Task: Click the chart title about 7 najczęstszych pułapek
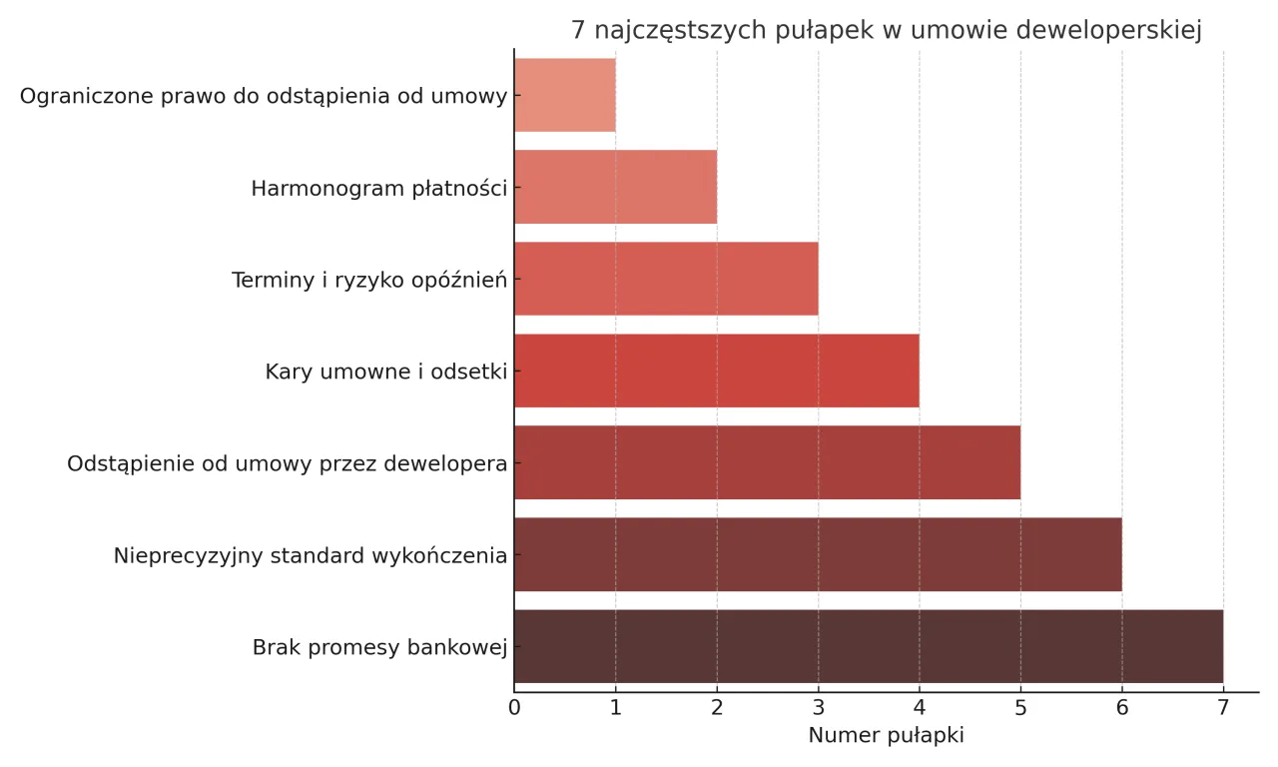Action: (886, 31)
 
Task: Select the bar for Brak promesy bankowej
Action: (869, 646)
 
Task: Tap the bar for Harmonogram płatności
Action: (615, 187)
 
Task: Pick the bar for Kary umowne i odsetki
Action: (716, 371)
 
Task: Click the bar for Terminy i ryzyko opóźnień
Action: (666, 279)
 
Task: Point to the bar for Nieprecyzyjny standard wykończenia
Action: (818, 554)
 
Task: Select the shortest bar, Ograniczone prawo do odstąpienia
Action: (565, 95)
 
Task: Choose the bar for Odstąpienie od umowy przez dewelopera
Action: (767, 462)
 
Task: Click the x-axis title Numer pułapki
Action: (886, 736)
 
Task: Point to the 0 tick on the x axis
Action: (514, 708)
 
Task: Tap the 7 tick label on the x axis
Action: (1223, 708)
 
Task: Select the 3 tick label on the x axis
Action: (818, 708)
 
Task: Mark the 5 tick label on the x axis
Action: (1020, 708)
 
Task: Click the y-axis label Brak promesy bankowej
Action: (379, 647)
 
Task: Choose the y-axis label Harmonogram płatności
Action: (378, 188)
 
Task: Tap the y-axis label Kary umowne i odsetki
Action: (385, 372)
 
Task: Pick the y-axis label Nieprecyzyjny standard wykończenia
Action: (310, 555)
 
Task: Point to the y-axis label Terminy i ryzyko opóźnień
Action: (369, 280)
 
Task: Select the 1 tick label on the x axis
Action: (615, 708)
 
